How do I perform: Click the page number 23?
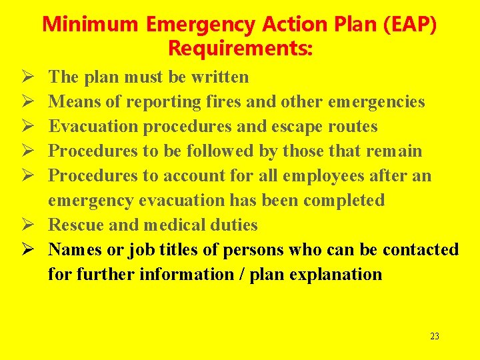pyautogui.click(x=435, y=337)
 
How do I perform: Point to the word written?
pyautogui.click(x=220, y=77)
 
